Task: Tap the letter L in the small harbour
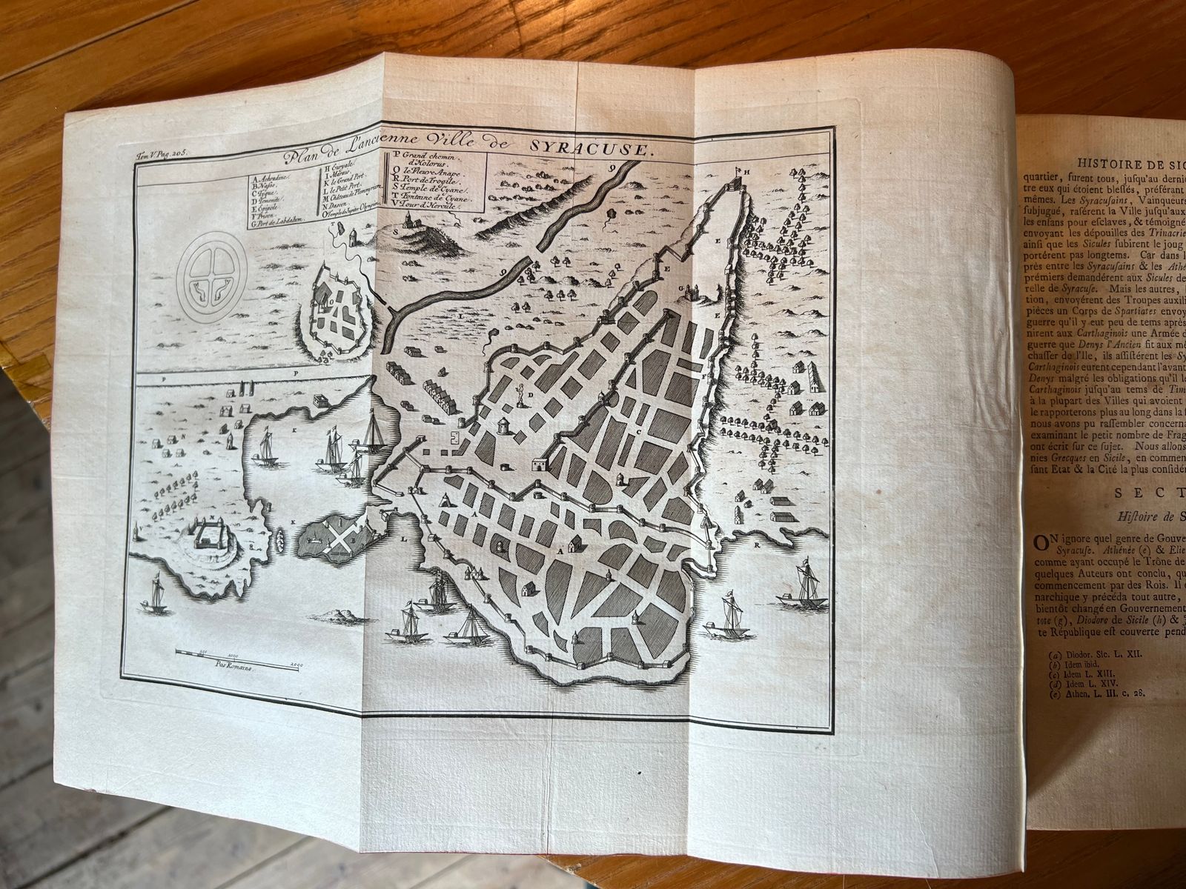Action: pos(405,541)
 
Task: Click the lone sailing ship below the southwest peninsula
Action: pos(157,594)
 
